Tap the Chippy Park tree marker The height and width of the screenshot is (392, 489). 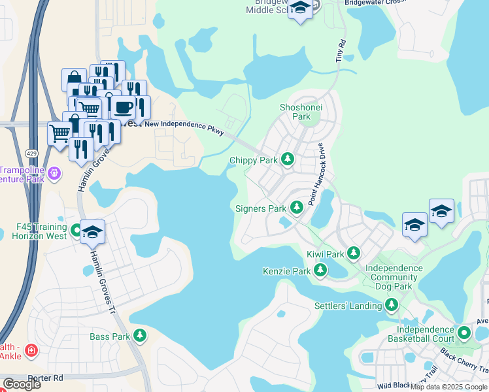coord(287,159)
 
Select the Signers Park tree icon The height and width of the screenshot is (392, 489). coord(296,207)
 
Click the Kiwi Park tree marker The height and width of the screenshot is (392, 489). coord(354,252)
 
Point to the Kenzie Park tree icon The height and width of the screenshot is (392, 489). coord(320,270)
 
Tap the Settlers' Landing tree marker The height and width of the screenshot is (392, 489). coord(392,304)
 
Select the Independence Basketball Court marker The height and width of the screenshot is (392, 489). coord(465,333)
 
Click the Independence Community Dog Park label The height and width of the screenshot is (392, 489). coord(393,277)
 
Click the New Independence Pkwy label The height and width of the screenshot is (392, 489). coord(184,127)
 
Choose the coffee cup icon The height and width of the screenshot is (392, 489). coord(122,106)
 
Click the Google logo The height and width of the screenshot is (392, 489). coord(22,384)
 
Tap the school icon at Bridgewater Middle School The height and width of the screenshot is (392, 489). coord(300,8)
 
